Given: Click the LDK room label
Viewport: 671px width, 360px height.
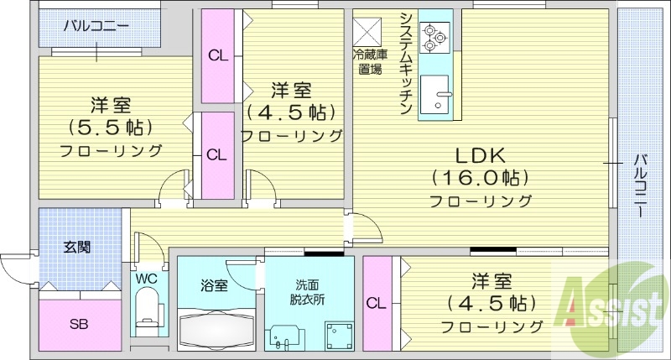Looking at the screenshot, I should point(480,155).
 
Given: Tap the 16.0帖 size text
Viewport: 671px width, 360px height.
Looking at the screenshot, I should point(480,178).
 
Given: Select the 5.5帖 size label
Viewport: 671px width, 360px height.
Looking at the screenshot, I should point(110,128).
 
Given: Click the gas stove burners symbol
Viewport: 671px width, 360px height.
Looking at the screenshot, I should point(435,34).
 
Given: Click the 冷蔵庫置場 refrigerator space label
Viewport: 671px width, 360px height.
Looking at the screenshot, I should point(368,63).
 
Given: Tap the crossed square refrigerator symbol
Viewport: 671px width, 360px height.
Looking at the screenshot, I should point(367,32).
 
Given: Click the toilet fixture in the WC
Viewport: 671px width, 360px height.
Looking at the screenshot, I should point(147,306).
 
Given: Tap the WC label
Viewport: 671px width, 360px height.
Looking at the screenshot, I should point(146,278).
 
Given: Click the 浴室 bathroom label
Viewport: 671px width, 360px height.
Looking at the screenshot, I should point(214,285).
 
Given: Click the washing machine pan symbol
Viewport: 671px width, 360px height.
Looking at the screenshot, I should point(338,334).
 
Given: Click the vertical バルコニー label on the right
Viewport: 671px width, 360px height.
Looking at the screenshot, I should point(641,185).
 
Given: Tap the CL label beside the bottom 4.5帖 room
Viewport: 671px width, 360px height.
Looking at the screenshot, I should point(376,302).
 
